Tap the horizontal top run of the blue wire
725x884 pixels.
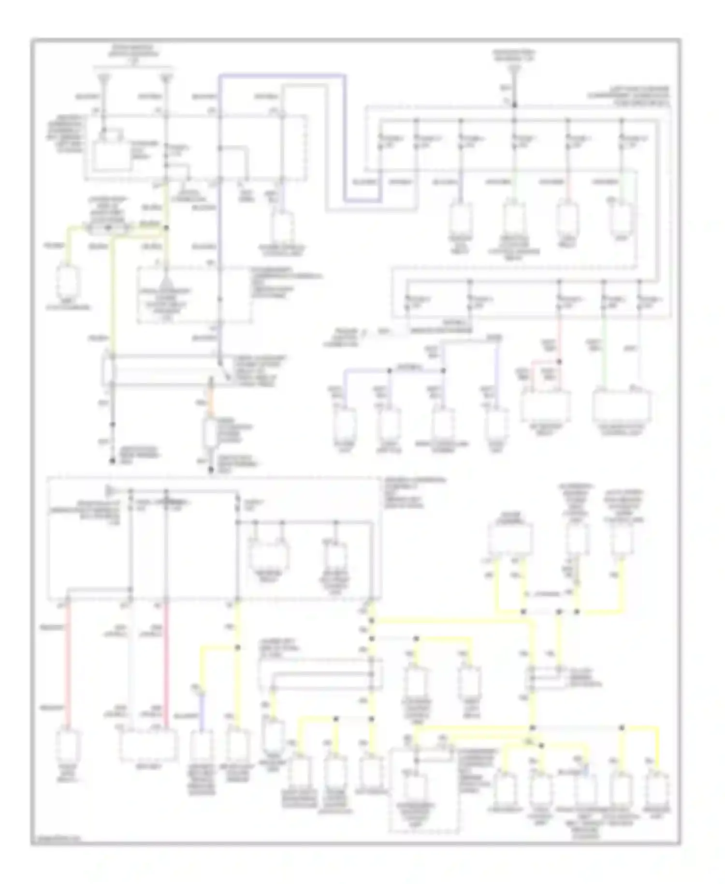pyautogui.click(x=282, y=75)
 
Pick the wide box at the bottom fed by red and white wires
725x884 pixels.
pyautogui.click(x=147, y=745)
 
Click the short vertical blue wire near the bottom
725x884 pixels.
pyautogui.click(x=201, y=711)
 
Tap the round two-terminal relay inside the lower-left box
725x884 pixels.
pyautogui.click(x=269, y=551)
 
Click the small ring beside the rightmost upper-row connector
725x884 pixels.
pyautogui.click(x=611, y=200)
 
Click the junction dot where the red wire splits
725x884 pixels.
pyautogui.click(x=559, y=361)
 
